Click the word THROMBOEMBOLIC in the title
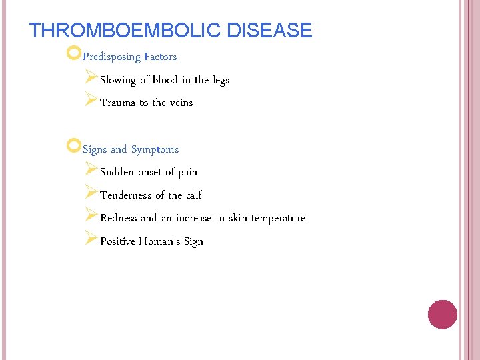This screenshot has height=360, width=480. click(126, 31)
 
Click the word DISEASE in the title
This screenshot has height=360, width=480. click(269, 31)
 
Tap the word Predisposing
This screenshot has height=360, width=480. click(111, 57)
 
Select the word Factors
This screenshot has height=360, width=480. click(160, 57)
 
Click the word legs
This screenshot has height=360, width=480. click(221, 81)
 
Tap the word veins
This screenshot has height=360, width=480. click(181, 103)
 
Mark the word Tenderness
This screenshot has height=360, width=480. click(126, 195)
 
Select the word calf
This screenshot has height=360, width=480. click(194, 195)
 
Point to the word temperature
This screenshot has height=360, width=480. click(278, 219)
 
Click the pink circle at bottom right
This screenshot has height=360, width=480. click(442, 315)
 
